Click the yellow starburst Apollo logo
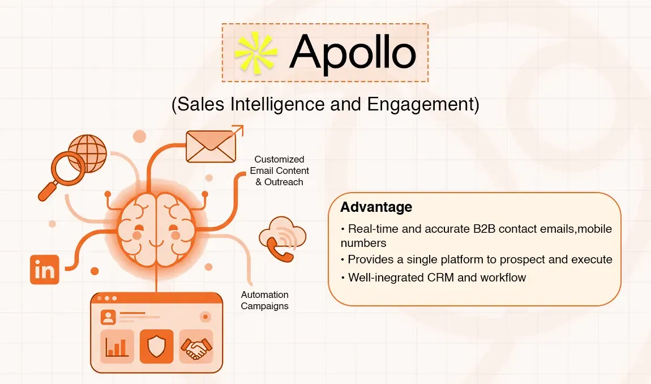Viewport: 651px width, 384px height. click(256, 52)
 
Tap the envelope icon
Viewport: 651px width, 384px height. click(211, 146)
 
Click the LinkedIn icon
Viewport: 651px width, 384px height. click(44, 270)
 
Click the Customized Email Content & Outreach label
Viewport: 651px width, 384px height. click(279, 170)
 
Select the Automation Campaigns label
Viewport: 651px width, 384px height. click(264, 300)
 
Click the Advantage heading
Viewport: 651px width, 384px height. click(376, 207)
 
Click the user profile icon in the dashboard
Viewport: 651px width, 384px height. click(108, 317)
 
